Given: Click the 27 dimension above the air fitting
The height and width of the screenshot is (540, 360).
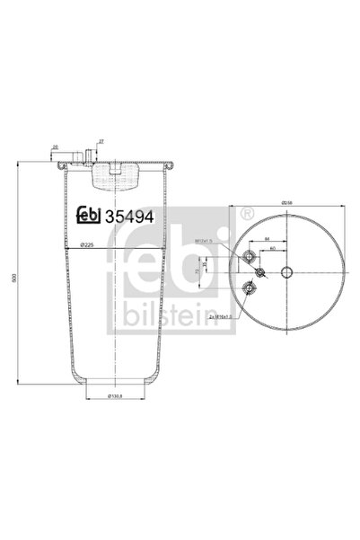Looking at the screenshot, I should tap(101, 141).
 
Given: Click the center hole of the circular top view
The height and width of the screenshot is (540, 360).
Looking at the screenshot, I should tap(286, 274).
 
